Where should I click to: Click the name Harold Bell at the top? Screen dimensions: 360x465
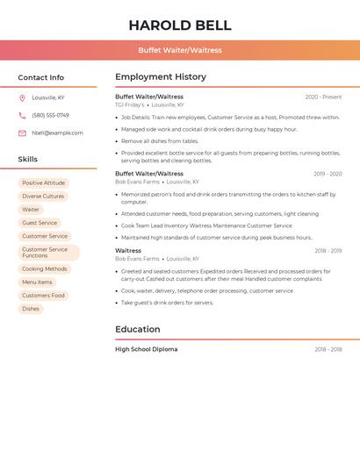point(180,25)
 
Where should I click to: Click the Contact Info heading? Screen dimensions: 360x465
point(40,77)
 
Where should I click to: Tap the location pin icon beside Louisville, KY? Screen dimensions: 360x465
point(22,97)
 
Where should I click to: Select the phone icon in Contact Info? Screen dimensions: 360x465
point(22,115)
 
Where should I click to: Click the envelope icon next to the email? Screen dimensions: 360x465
point(22,132)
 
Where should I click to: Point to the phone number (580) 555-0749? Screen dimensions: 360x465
point(50,115)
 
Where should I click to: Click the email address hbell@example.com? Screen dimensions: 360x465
point(57,132)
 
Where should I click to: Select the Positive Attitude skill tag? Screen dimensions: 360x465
point(43,183)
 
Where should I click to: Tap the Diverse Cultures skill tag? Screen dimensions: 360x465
point(43,197)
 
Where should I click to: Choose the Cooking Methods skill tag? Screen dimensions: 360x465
point(44,269)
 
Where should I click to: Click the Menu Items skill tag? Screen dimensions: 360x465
point(37,283)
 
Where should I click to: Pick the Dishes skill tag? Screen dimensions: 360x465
point(31,309)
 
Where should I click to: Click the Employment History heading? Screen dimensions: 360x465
point(161,77)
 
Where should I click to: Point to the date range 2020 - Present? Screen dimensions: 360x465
point(323,97)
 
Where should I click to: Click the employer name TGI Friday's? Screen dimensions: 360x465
point(130,105)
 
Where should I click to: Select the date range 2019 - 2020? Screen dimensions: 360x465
point(328,174)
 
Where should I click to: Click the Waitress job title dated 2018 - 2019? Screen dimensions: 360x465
point(128,251)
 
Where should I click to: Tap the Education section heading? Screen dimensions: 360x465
point(138,330)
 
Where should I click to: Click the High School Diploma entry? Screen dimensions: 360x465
point(146,349)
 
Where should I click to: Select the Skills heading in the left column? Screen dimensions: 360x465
point(28,160)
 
